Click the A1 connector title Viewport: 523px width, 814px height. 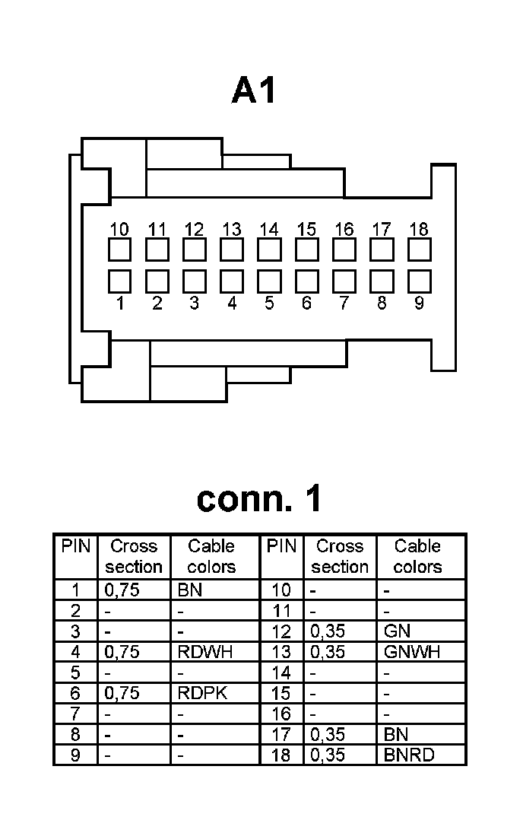tap(255, 91)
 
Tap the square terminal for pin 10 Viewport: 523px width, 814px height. tap(119, 250)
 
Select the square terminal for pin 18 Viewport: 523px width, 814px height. tap(419, 250)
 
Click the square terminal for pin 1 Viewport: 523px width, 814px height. tap(119, 281)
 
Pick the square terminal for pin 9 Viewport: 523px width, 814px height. tap(419, 281)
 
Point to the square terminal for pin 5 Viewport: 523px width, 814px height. tap(269, 281)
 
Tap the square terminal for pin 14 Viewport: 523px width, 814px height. tap(269, 250)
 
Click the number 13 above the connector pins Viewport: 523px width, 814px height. tap(232, 229)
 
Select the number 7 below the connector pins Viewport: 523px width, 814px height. tap(344, 304)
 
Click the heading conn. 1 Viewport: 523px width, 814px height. tap(259, 498)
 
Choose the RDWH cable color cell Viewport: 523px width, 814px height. tap(204, 652)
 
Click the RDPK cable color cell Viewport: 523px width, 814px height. tap(202, 693)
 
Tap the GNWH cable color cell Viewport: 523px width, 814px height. tap(413, 652)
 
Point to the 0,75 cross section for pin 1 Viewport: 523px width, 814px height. tap(122, 590)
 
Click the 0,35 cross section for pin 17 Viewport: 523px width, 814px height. tap(328, 735)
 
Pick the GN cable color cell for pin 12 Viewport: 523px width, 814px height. tap(398, 631)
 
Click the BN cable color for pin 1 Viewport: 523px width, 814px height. tap(189, 590)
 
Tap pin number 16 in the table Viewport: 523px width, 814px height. tap(281, 714)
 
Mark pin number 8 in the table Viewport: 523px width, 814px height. tap(75, 735)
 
